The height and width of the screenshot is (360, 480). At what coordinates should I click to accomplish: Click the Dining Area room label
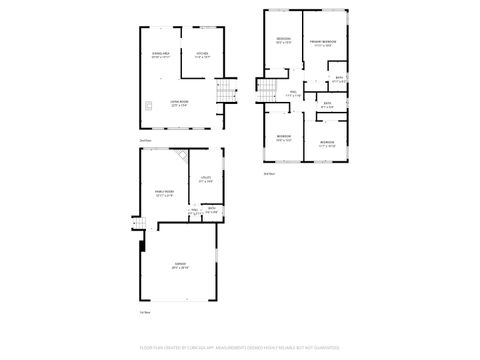coord(160,55)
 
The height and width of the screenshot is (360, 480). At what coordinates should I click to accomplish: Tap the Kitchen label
coord(201,55)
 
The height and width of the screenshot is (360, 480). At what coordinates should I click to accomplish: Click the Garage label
coord(180,267)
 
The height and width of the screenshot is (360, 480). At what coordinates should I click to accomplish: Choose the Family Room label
coord(163,194)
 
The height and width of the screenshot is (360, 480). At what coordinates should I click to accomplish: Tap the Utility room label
coord(205,181)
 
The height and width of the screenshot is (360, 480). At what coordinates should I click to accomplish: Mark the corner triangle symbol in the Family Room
coord(182,156)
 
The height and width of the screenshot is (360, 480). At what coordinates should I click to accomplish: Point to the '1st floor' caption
coord(145,313)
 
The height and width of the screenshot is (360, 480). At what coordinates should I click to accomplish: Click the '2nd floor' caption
coord(146,141)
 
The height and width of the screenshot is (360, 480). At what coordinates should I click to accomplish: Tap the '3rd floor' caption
coord(268,174)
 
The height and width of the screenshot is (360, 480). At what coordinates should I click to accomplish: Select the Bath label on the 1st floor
coord(211,211)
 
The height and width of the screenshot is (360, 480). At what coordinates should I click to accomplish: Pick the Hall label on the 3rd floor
coord(294,95)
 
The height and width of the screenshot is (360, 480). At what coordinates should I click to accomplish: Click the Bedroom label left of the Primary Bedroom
coord(284,41)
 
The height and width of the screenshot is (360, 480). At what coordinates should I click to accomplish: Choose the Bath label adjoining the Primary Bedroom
coord(339,79)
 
